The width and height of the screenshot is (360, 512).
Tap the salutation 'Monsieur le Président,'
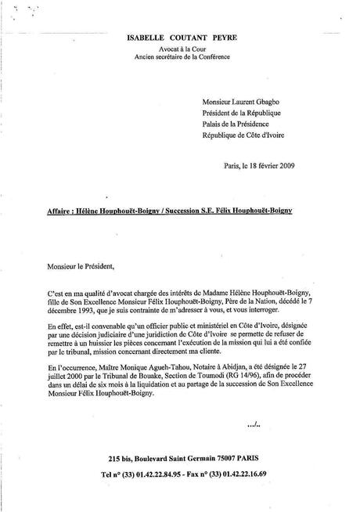click(74, 266)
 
